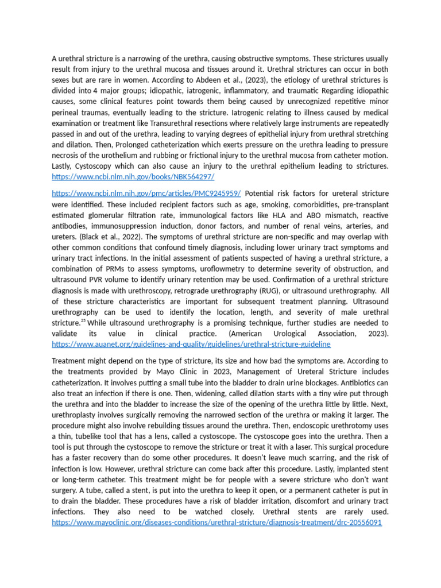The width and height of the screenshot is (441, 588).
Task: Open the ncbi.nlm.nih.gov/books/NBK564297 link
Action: coord(133,177)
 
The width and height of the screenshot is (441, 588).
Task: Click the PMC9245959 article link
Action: coord(146,194)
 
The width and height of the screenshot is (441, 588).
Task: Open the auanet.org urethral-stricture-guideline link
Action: coord(191,344)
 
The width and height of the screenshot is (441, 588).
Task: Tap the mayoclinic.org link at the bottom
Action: coord(216,523)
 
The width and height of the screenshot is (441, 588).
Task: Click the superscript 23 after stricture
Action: coord(83,321)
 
